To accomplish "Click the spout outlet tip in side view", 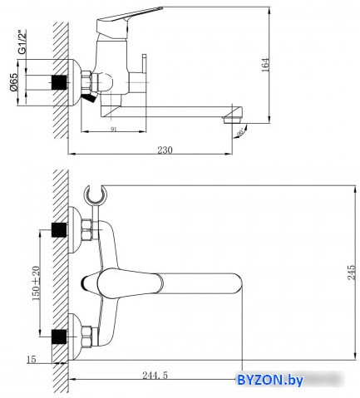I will click(x=234, y=119).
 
